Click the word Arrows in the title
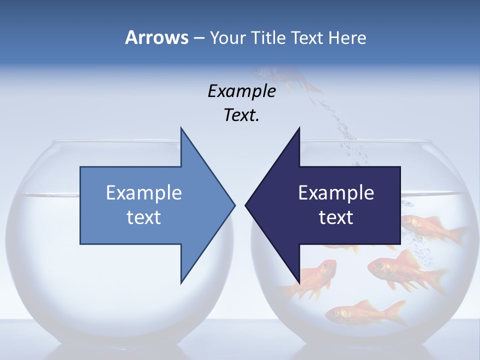tap(156, 37)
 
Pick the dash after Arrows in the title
tap(198, 38)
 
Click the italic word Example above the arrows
tap(241, 91)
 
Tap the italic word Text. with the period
tap(241, 115)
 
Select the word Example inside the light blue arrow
tap(144, 192)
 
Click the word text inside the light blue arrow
tap(144, 217)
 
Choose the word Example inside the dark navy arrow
tap(336, 192)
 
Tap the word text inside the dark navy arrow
tap(336, 217)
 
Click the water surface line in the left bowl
tap(45, 194)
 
